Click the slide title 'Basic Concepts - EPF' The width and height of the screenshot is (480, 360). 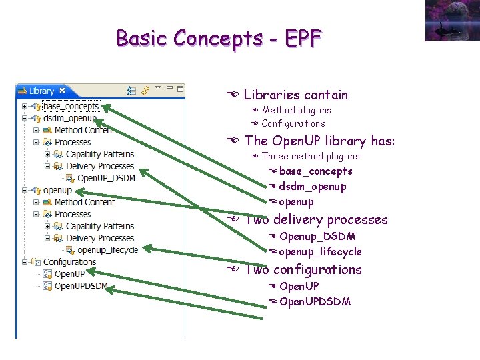coord(219,38)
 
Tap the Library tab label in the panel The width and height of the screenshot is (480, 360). coord(41,91)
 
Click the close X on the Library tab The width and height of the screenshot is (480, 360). coord(62,91)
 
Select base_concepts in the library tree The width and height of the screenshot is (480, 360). coord(71,106)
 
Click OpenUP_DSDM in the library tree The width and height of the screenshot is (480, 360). coord(106,178)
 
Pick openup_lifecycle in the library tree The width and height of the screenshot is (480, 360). coord(107,250)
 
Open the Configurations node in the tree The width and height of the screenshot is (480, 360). coord(69,262)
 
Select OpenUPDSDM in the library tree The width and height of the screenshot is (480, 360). coord(81,286)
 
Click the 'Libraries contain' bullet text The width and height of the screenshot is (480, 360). coord(295,95)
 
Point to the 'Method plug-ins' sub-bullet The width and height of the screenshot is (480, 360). coord(296,110)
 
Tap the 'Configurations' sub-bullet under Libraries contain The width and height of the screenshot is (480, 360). coord(293,123)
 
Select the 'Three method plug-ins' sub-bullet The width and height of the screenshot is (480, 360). coord(311,156)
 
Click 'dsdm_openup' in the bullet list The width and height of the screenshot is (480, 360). coord(313,187)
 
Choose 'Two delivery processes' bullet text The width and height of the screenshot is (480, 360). coord(316,219)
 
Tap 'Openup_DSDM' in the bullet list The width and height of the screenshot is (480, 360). coord(317,237)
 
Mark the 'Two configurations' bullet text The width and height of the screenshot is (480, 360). coord(303,269)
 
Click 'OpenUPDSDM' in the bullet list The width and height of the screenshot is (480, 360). coord(315,301)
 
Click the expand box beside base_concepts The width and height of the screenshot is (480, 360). coord(25,106)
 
